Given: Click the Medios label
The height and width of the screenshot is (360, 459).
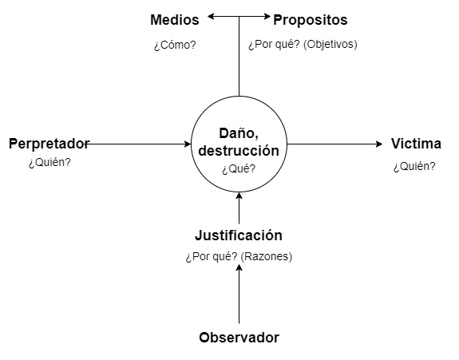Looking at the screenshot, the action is point(175,20).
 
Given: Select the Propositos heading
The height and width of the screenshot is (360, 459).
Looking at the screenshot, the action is point(311,20).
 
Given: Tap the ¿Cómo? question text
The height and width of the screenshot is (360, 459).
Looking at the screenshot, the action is point(175,45).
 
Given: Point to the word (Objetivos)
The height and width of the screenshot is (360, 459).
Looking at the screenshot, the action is point(330,44).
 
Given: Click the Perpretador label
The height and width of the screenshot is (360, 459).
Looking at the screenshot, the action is point(49,144).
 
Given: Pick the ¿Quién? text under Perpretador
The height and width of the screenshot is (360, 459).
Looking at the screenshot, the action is point(49,162).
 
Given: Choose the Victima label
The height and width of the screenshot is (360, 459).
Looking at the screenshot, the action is point(416,144).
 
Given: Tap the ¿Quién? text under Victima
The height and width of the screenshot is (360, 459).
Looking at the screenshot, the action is point(414,166).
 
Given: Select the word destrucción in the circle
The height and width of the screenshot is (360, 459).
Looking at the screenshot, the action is point(239,150).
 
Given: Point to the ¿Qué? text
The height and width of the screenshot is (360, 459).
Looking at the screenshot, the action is point(239,168).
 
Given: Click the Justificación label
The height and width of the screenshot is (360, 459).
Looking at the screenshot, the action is point(239,235).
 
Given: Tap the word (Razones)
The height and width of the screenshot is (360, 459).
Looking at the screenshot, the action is point(267,256).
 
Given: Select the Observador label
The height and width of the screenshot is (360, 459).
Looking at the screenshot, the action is point(239,338).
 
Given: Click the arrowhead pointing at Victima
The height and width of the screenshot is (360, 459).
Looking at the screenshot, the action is point(379,144).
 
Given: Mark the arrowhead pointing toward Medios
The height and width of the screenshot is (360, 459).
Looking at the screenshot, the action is point(211,17).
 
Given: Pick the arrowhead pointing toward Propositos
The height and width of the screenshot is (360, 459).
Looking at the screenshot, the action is point(267,17).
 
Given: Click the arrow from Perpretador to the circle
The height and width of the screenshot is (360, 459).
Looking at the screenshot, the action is point(137,144).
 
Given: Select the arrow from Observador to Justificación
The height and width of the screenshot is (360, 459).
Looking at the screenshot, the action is point(239,294).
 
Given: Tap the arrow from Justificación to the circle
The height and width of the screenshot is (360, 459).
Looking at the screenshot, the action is point(239,208).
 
